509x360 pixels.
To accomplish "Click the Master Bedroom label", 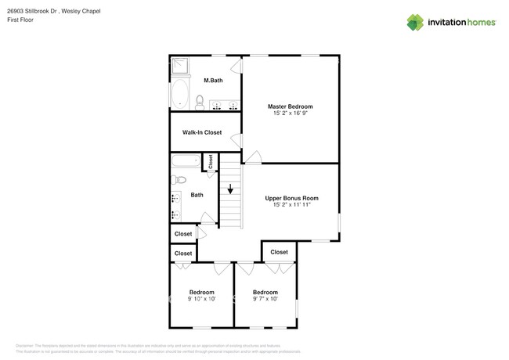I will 290,106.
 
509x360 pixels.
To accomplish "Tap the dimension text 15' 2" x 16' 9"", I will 290,113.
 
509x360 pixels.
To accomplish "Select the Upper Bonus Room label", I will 291,198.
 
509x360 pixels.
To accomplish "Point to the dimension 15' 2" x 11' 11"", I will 291,205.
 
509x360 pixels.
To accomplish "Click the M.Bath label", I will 214,81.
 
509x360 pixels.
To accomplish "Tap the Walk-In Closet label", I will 202,132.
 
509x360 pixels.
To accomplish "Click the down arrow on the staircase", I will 230,189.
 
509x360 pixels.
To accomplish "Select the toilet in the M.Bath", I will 200,102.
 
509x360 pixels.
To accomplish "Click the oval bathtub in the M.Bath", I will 179,94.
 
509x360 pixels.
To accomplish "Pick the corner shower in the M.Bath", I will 179,66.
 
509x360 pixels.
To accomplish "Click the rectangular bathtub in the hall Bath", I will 186,161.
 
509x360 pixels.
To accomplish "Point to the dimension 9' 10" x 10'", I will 201,299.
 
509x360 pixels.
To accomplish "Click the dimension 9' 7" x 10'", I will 265,299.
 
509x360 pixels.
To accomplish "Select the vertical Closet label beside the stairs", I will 211,161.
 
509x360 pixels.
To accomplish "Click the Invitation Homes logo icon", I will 415,23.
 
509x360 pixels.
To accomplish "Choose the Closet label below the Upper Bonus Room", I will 279,252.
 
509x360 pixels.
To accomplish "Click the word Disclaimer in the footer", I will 28,346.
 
